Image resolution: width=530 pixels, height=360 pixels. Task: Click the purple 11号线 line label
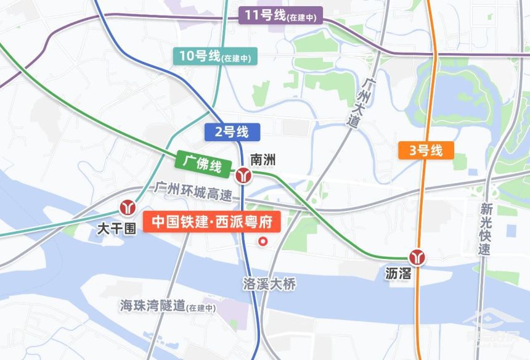(281, 16)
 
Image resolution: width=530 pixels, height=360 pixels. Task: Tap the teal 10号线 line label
(215, 57)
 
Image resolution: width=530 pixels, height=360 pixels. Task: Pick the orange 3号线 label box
(426, 150)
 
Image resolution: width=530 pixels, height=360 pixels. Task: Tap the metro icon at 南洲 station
(243, 175)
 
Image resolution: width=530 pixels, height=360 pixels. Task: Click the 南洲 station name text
(263, 160)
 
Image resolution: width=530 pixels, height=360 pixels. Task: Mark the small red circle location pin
(263, 241)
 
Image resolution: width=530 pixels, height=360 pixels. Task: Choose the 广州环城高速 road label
(194, 190)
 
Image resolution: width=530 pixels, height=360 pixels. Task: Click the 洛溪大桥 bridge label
(270, 284)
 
